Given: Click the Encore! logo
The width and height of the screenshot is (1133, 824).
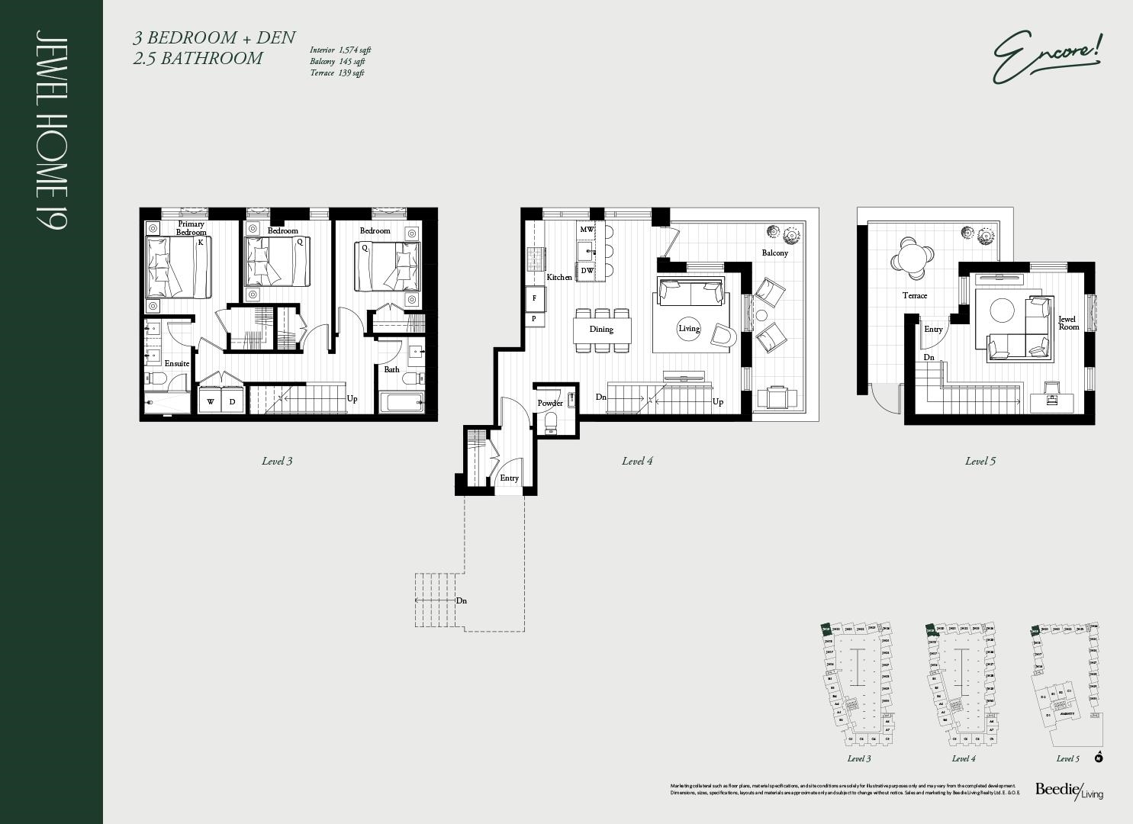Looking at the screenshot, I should pyautogui.click(x=1047, y=56).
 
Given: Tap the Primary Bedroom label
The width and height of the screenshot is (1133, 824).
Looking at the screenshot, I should pyautogui.click(x=191, y=228).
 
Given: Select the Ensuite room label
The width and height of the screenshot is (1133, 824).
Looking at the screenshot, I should pyautogui.click(x=176, y=364).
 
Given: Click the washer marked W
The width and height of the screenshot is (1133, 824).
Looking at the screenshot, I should pyautogui.click(x=211, y=401).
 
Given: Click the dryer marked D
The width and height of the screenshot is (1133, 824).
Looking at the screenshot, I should pyautogui.click(x=233, y=401).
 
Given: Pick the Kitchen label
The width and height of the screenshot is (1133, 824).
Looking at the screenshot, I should pyautogui.click(x=558, y=277).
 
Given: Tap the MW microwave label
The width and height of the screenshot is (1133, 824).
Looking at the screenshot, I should pyautogui.click(x=587, y=230).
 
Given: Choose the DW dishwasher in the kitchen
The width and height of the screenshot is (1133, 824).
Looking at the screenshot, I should pyautogui.click(x=587, y=270).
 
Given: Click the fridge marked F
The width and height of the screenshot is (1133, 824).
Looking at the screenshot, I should pyautogui.click(x=534, y=298).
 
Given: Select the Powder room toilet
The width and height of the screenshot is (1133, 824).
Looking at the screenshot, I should pyautogui.click(x=551, y=421).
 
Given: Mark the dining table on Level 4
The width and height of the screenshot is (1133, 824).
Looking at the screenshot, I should pyautogui.click(x=602, y=330).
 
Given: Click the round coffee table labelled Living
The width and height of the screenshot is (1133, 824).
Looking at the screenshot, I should pyautogui.click(x=689, y=329).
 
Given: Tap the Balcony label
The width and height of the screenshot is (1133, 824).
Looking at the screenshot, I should pyautogui.click(x=774, y=253).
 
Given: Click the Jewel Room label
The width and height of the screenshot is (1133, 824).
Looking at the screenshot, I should pyautogui.click(x=1067, y=323).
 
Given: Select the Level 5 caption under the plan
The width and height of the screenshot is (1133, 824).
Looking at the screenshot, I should pyautogui.click(x=980, y=461).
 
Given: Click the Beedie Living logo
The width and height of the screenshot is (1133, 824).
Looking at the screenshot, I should pyautogui.click(x=1068, y=791).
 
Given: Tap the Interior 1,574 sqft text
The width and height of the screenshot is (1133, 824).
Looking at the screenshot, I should pyautogui.click(x=340, y=50).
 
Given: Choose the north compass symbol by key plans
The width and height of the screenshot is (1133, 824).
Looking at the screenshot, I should pyautogui.click(x=1099, y=757).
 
